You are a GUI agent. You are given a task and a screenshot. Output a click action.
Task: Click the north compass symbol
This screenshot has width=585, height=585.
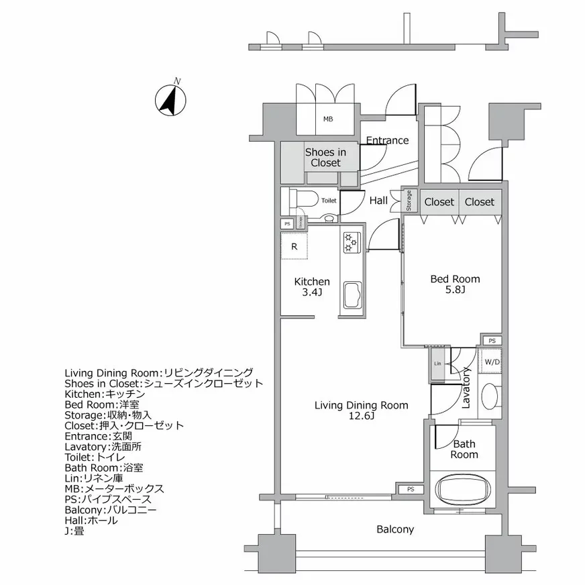(170, 100)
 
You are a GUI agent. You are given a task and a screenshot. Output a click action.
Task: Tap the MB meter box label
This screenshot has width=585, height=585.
(327, 119)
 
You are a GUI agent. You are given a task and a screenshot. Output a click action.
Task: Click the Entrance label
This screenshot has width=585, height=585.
(387, 140)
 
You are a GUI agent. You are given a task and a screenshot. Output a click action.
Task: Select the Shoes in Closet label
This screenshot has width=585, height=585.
(325, 158)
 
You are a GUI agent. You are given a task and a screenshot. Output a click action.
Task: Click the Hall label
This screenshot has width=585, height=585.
(378, 201)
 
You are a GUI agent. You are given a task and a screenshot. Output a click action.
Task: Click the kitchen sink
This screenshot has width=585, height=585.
(352, 295)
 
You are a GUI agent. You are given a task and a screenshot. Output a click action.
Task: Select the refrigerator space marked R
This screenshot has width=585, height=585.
(294, 246)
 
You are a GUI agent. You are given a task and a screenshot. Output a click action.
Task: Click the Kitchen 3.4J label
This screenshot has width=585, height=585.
(312, 286)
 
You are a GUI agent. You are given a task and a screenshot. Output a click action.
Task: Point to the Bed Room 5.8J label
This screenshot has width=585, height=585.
(455, 284)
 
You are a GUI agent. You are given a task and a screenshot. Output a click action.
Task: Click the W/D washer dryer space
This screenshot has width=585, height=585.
(492, 362)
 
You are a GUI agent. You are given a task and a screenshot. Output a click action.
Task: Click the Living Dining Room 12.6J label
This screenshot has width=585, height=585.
(361, 411)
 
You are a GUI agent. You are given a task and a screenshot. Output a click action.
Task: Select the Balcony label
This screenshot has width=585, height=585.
(394, 529)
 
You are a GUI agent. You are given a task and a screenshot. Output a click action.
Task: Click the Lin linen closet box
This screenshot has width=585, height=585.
(437, 364)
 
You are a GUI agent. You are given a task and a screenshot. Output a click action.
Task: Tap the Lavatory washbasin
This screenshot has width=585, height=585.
(490, 396)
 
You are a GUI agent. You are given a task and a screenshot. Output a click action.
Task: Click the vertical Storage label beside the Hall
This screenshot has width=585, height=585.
(408, 201)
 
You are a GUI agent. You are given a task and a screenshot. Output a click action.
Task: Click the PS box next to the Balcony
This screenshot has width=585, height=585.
(411, 490)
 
